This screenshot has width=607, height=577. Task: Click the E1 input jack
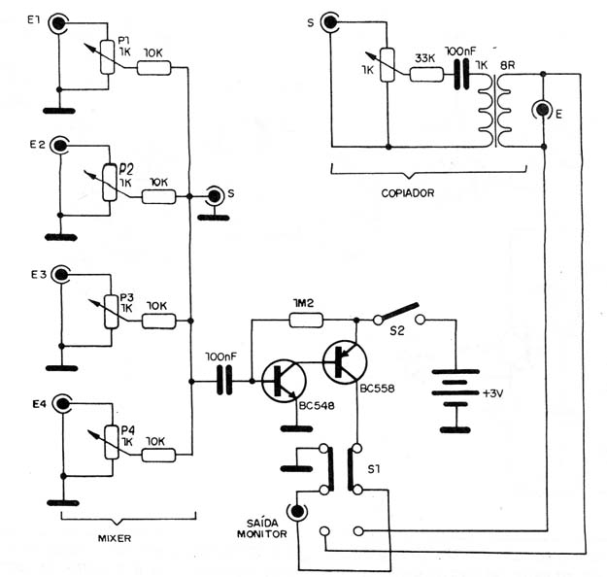(58, 23)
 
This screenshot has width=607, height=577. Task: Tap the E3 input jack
(60, 275)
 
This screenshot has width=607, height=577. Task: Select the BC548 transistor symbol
(284, 382)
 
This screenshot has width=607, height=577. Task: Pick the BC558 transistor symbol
(344, 362)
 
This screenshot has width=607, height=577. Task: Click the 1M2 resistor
(306, 321)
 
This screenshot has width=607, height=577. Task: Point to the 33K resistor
(426, 75)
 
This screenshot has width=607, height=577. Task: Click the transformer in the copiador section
(494, 111)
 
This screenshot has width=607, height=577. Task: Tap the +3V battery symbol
(455, 393)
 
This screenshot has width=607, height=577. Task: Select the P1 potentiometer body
(107, 57)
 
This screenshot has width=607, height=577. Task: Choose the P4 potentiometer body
(112, 442)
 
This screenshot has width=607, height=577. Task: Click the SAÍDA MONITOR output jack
(297, 511)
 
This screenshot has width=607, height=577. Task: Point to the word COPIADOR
(408, 193)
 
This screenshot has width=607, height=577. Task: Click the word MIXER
(115, 538)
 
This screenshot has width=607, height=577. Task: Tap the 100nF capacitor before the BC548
(224, 381)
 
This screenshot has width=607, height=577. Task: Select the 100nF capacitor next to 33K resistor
(461, 74)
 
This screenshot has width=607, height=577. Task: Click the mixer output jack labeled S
(214, 197)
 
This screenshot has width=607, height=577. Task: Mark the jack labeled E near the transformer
(543, 110)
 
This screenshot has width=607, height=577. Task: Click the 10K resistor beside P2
(158, 197)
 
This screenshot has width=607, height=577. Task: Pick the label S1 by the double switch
(374, 469)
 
